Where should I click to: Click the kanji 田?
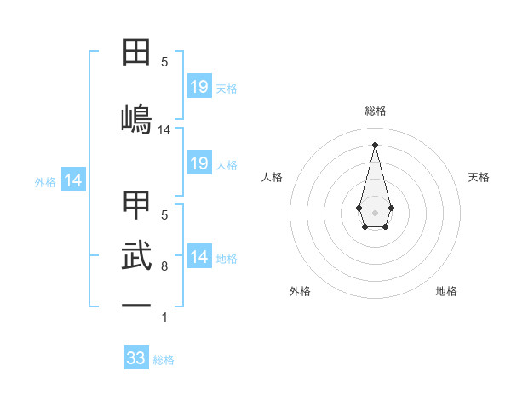[x=136, y=54]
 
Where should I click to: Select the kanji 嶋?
[x=136, y=118]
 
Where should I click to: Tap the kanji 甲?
[x=136, y=204]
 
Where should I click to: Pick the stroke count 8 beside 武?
[x=164, y=266]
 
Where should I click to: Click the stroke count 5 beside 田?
[x=164, y=61]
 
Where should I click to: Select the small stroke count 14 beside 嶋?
[x=164, y=130]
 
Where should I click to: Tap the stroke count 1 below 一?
[x=164, y=317]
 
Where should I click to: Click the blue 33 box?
[x=136, y=358]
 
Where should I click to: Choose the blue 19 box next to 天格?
[x=198, y=87]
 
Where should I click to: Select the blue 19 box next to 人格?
[x=198, y=163]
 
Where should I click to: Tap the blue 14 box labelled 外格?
[x=73, y=180]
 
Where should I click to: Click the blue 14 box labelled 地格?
[x=198, y=258]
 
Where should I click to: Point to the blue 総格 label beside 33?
[x=164, y=360]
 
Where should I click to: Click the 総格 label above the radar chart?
[x=375, y=111]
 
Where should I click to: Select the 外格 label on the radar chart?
[x=300, y=291]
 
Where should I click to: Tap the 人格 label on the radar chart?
[x=273, y=177]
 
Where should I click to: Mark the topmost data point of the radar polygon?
[x=375, y=144]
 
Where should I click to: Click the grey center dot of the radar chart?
[x=375, y=211]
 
